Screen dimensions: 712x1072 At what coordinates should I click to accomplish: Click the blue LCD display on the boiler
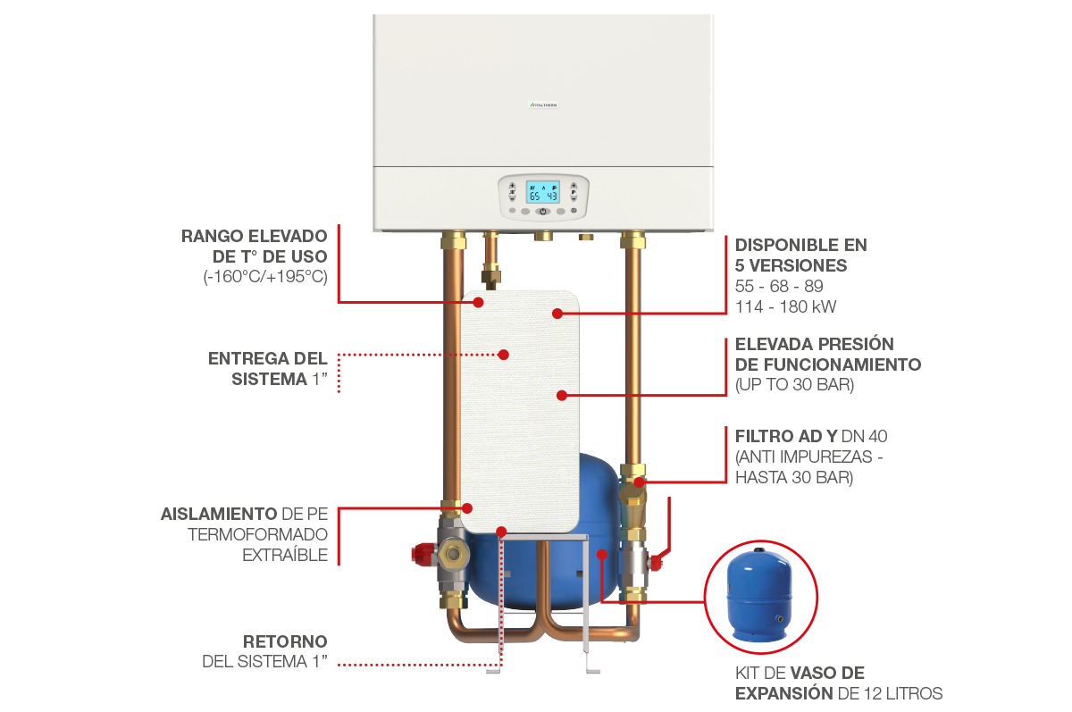(x=542, y=193)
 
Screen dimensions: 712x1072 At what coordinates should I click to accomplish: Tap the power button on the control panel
(x=542, y=212)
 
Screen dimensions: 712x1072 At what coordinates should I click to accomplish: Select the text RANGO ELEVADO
(x=255, y=238)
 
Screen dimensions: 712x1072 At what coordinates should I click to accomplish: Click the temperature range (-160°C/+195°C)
(x=265, y=276)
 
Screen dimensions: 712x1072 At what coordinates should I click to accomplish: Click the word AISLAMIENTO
(x=217, y=515)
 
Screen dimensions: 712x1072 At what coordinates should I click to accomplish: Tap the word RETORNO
(x=285, y=642)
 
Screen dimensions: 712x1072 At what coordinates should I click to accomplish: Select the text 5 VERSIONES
(x=791, y=265)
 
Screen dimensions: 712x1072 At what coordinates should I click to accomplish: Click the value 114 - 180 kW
(x=786, y=306)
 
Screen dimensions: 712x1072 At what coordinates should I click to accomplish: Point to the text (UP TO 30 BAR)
(x=793, y=385)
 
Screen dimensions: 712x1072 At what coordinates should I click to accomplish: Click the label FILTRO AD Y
(x=785, y=436)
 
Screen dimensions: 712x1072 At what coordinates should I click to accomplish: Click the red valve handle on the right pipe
(x=657, y=561)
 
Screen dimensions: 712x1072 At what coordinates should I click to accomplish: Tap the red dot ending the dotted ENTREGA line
(x=504, y=355)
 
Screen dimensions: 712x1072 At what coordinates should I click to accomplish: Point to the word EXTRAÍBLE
(x=285, y=555)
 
